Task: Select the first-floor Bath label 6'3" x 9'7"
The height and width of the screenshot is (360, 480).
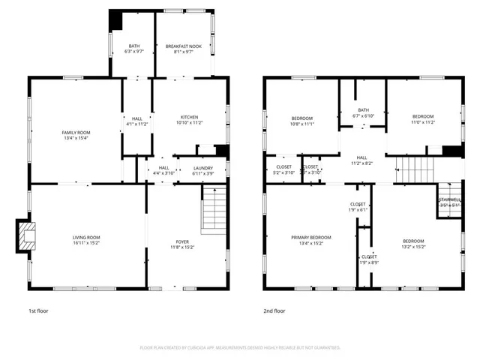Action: (x=134, y=46)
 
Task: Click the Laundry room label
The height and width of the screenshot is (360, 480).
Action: (x=202, y=168)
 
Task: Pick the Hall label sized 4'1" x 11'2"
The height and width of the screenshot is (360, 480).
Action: (x=137, y=118)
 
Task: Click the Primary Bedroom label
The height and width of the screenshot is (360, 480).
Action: (x=310, y=237)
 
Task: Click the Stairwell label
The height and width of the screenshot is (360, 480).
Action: (x=449, y=199)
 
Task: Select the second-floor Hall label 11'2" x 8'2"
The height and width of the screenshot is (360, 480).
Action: (x=362, y=158)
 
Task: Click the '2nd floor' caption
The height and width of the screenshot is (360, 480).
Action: (x=274, y=310)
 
